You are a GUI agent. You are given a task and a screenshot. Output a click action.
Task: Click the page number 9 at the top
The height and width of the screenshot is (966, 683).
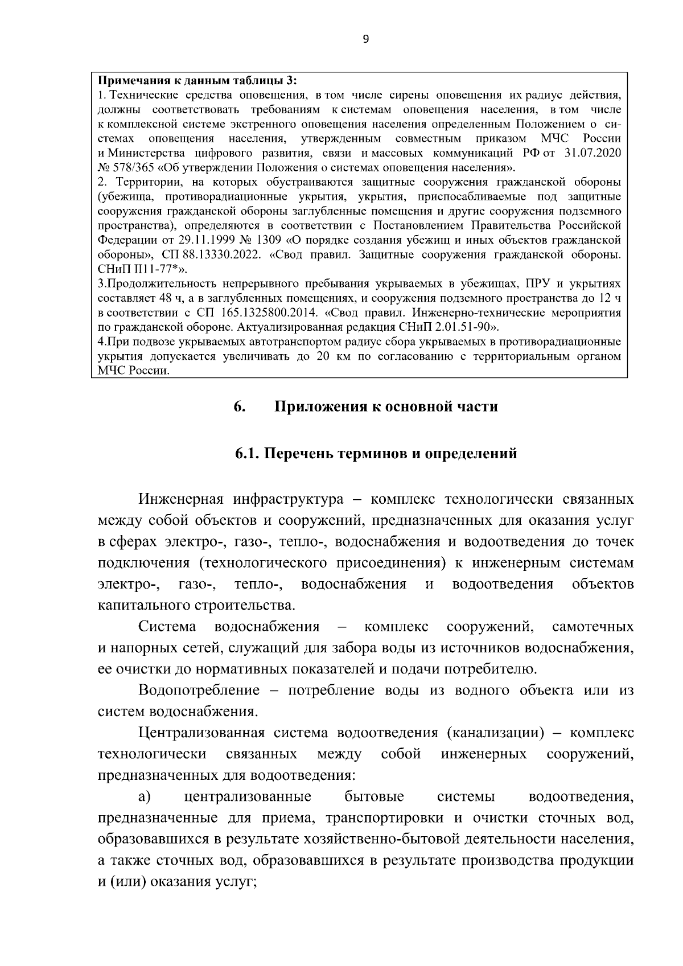point(365,39)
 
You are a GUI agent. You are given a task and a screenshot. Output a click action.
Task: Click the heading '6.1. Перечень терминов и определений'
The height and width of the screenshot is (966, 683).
point(376,454)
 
